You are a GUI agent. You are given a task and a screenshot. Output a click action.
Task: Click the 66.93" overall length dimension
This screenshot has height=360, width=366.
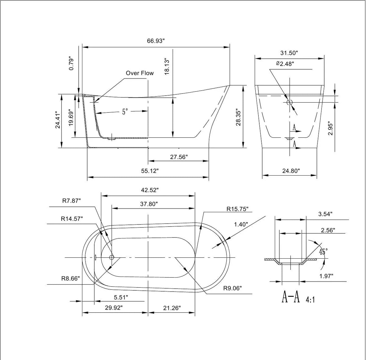(x=156, y=41)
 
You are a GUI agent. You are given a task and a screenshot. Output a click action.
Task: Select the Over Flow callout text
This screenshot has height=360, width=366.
(x=140, y=73)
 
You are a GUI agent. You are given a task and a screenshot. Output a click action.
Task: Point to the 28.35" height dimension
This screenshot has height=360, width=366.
(x=239, y=118)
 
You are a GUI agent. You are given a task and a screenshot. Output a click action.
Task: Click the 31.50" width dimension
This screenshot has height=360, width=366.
(x=289, y=53)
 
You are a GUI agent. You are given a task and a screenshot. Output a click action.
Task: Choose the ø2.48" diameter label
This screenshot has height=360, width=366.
(x=285, y=64)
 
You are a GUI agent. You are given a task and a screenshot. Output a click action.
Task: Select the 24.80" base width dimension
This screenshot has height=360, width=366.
(x=291, y=171)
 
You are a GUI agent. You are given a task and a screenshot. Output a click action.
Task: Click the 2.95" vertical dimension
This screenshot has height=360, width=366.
(x=331, y=129)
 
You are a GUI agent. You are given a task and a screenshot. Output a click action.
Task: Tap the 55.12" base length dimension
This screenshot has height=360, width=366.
(x=149, y=171)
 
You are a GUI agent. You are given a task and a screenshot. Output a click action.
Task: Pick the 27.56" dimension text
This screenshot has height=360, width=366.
(x=179, y=157)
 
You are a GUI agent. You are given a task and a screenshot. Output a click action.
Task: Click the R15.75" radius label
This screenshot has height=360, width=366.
(x=237, y=209)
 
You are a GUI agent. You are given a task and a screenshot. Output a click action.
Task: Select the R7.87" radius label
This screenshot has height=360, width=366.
(x=71, y=201)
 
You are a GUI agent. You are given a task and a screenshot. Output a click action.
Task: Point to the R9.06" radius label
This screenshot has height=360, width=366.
(x=232, y=288)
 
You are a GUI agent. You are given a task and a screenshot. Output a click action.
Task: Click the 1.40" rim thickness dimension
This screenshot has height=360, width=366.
(x=241, y=224)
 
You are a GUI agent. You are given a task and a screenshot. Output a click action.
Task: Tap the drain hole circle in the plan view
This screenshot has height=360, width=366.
(x=112, y=257)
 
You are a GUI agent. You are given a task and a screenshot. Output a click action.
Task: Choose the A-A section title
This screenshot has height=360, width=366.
(x=291, y=297)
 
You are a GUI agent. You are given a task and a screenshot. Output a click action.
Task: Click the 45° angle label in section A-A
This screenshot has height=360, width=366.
(x=323, y=252)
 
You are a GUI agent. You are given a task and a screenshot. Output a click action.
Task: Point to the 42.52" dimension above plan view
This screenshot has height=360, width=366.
(x=149, y=190)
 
